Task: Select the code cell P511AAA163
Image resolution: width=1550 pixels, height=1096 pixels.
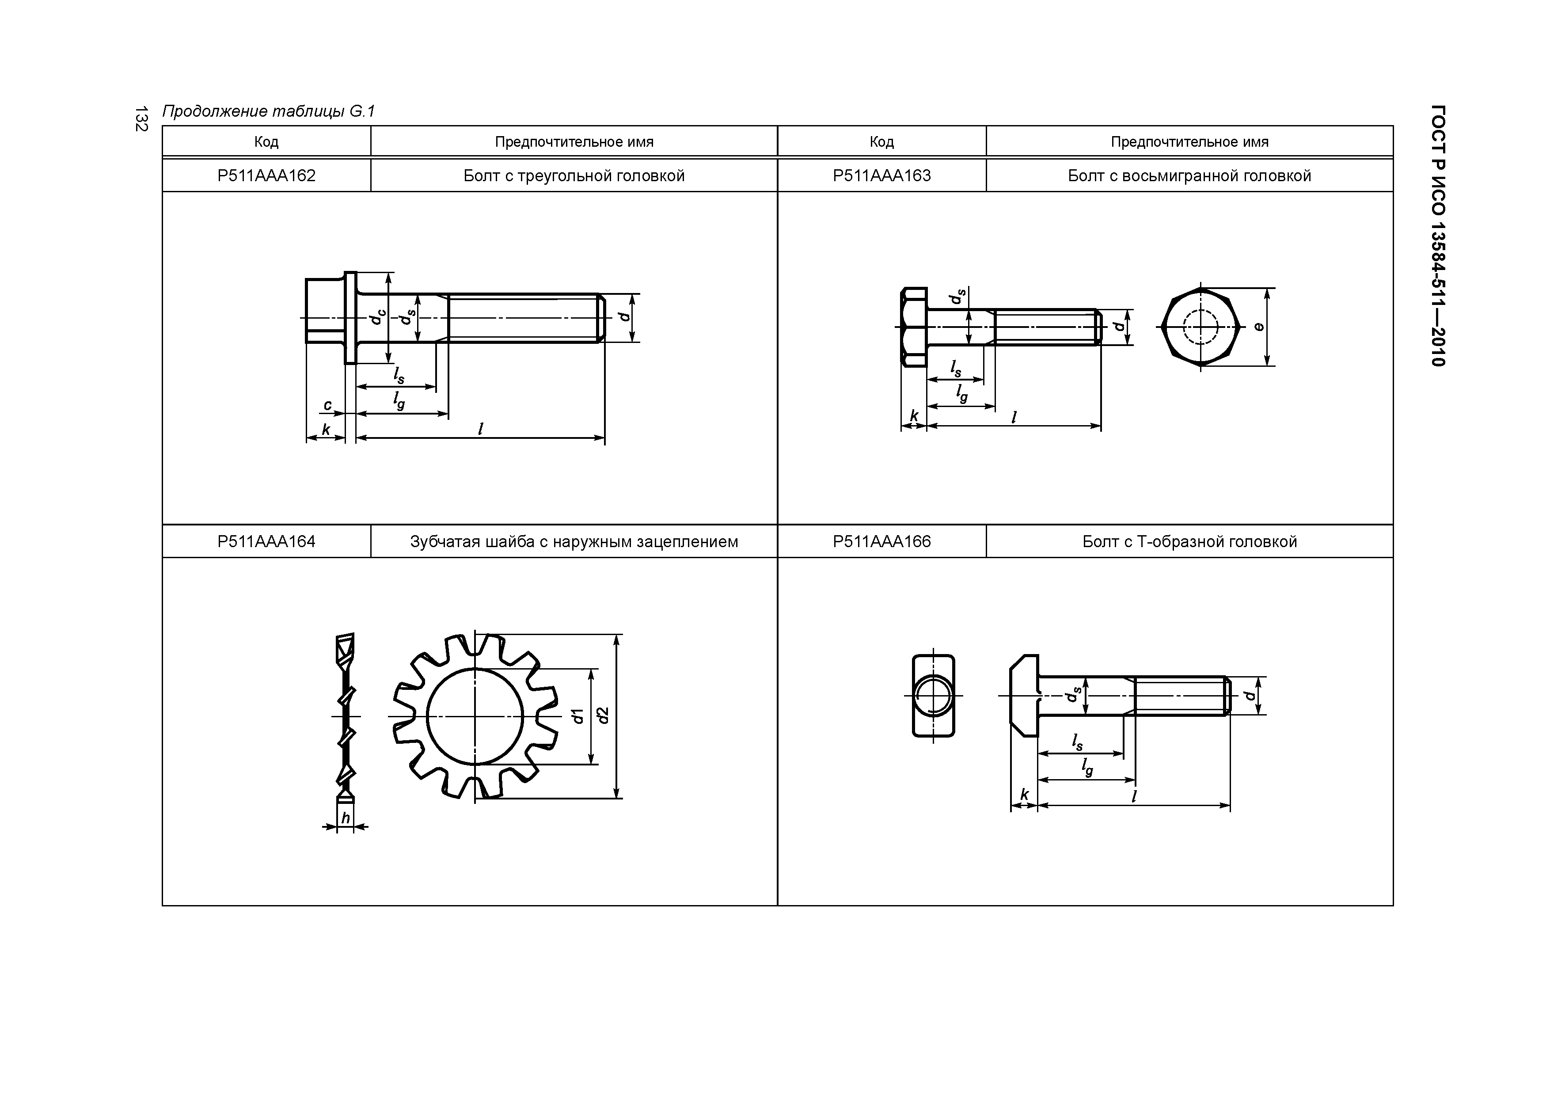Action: (881, 175)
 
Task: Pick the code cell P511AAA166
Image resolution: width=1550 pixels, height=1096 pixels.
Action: (881, 541)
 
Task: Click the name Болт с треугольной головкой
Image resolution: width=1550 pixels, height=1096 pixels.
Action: (574, 175)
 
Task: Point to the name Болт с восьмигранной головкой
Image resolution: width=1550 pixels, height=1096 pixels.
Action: (1189, 175)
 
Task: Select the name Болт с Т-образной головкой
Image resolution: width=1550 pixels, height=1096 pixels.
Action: (1189, 541)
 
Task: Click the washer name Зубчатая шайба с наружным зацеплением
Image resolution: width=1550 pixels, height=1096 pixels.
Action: (574, 541)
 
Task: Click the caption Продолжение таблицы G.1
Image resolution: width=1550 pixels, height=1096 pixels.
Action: (268, 111)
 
